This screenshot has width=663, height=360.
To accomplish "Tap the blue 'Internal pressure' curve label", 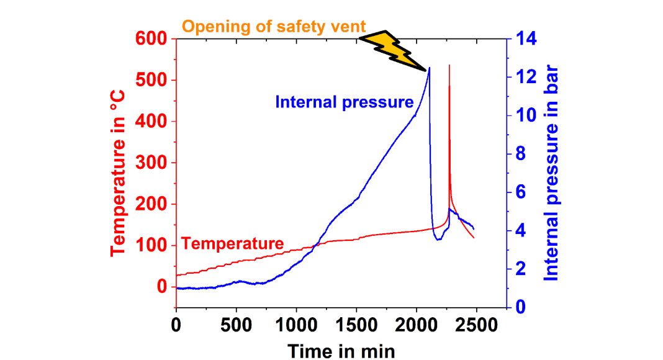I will click(x=345, y=102).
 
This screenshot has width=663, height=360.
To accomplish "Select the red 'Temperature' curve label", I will click(x=233, y=243).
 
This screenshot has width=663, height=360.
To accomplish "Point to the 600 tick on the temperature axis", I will click(x=152, y=39).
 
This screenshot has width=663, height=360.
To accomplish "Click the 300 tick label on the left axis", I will click(x=152, y=163).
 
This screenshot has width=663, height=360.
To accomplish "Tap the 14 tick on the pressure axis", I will click(x=523, y=39).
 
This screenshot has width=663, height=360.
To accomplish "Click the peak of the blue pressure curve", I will click(x=429, y=68).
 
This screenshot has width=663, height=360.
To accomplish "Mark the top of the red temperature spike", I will click(x=449, y=65).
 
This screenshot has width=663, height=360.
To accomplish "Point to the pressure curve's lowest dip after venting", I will click(x=438, y=240).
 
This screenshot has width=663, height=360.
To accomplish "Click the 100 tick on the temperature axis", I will click(x=152, y=246).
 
